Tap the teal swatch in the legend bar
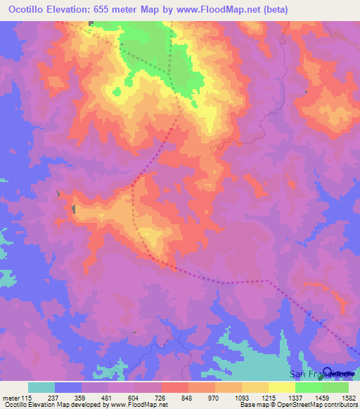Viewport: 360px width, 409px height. pyautogui.click(x=41, y=387)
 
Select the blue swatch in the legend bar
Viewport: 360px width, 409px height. pyautogui.click(x=68, y=387)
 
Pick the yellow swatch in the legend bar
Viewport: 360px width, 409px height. pyautogui.click(x=255, y=387)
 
